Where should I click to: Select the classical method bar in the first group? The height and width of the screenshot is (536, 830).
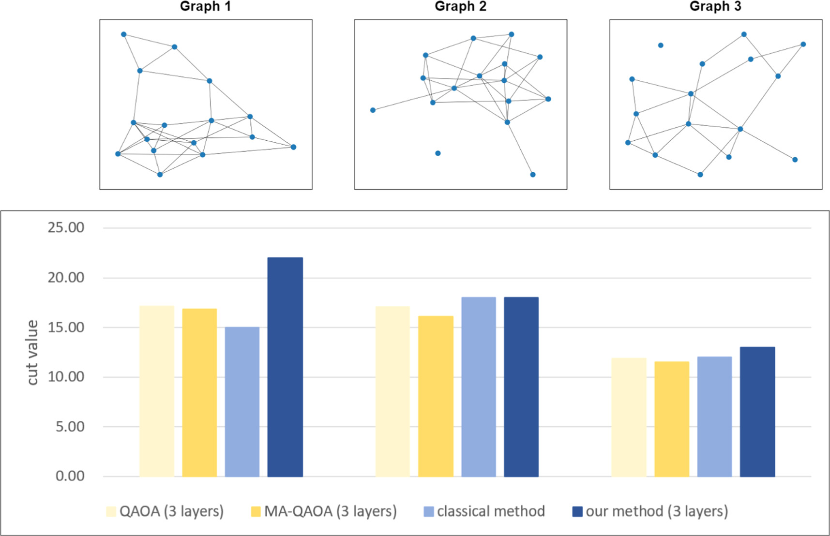242,402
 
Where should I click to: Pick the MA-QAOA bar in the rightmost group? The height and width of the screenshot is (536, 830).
672,419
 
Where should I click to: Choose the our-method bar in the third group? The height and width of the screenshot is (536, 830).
757,411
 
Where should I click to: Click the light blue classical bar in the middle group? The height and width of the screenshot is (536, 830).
479,387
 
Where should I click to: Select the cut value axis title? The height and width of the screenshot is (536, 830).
32,352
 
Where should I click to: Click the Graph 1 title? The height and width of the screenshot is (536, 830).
205,6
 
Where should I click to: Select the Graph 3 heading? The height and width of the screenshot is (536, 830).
715,6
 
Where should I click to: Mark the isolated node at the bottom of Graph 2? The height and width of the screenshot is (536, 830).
438,153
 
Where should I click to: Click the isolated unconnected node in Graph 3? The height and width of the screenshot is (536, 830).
661,45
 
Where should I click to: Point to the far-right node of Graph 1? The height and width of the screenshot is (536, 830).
293,147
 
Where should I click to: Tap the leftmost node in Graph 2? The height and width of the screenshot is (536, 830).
373,110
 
